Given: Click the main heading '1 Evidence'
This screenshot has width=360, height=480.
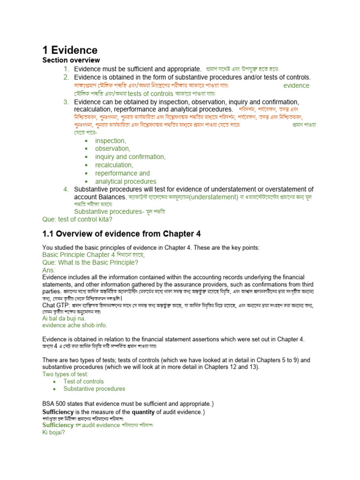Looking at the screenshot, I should (70, 50).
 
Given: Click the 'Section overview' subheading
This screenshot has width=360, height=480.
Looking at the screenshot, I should (71, 60).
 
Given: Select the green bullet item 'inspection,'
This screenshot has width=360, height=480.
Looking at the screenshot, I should (111, 141).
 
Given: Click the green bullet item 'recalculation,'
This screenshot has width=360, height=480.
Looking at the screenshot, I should (114, 165).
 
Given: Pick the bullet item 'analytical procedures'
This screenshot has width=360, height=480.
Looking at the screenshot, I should (126, 181).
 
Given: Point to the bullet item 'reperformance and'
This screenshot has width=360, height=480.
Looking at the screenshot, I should (122, 173).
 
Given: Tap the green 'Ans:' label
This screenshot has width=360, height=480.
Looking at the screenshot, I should (49, 270).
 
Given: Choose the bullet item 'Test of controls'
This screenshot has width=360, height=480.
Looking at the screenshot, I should (83, 382).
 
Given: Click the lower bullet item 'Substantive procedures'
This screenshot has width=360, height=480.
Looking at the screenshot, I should (94, 389).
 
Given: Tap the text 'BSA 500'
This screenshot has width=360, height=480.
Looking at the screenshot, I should (54, 404).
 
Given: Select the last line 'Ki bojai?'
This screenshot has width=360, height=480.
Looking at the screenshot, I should (53, 433).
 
